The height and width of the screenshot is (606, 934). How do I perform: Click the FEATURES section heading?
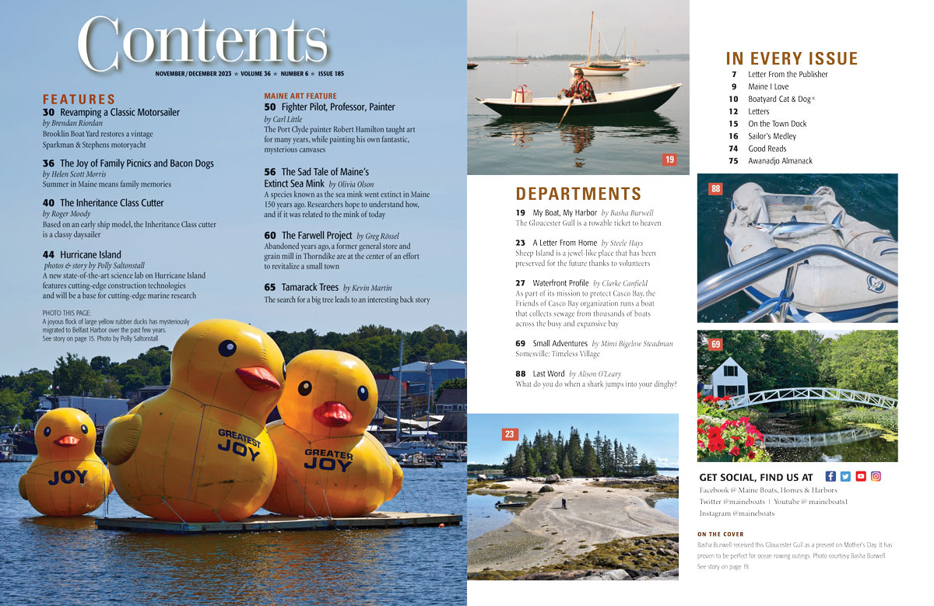[79, 100]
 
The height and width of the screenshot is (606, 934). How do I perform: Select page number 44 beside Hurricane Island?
[48, 254]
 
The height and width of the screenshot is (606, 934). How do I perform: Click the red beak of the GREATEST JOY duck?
[258, 378]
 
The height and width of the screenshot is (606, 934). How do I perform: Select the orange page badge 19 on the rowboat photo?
[669, 159]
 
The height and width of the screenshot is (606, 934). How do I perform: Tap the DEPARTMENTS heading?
[578, 194]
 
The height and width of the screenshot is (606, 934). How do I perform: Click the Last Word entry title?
[549, 374]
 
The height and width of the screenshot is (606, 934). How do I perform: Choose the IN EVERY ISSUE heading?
[792, 59]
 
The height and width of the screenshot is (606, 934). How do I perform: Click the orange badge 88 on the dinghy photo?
[715, 188]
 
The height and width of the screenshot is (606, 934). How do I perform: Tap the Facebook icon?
[830, 476]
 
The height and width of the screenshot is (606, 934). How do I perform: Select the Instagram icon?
[876, 476]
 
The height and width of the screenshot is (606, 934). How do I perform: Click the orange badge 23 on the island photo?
[509, 434]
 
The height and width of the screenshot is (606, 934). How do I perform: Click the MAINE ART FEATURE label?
[300, 95]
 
